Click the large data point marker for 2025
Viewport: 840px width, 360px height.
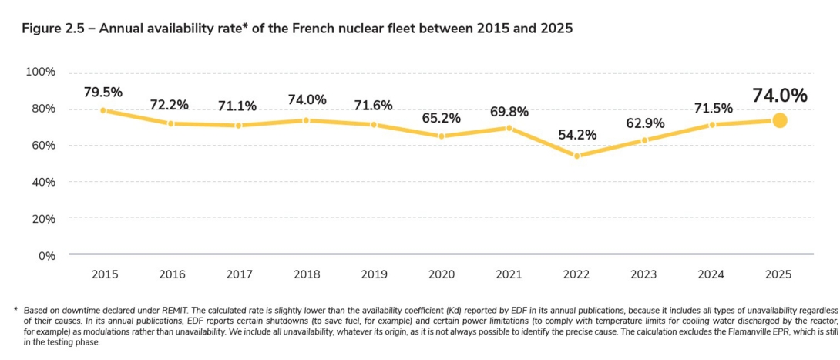coord(779,120)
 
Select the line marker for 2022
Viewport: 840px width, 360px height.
coord(576,156)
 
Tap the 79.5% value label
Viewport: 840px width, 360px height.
coord(103,92)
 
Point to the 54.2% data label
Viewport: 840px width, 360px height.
coord(576,135)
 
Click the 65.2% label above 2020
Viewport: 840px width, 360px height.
coord(441,118)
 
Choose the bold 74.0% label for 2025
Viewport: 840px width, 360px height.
coord(779,96)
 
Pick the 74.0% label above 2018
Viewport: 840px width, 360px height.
coord(306,100)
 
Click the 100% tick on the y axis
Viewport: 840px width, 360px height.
coord(41,72)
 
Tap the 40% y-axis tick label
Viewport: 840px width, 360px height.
coord(43,182)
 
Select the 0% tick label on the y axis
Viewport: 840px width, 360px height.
coord(46,255)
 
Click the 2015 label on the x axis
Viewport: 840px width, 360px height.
coord(103,274)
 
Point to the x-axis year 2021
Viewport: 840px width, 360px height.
coord(509,274)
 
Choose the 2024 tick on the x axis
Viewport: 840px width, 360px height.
coord(711,274)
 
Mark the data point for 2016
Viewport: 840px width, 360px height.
coord(171,123)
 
